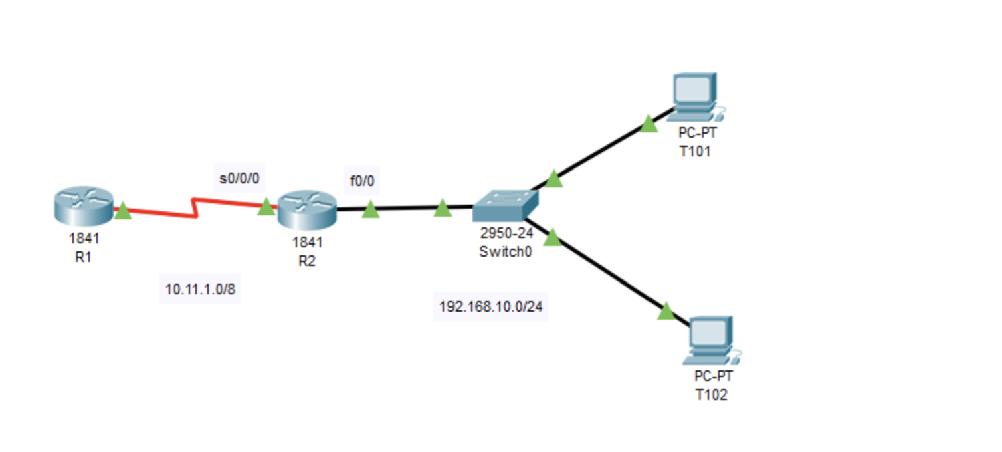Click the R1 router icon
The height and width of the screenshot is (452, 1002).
click(x=83, y=205)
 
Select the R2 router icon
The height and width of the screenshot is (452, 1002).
click(x=307, y=209)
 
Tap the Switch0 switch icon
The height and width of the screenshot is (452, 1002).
click(x=505, y=206)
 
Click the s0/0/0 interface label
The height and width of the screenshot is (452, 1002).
click(x=239, y=179)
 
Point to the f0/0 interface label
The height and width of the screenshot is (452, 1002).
click(x=361, y=180)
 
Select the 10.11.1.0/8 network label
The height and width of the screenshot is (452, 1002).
click(x=200, y=289)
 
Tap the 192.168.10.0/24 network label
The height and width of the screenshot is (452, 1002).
click(x=491, y=307)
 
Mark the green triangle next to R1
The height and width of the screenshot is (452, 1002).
click(x=123, y=211)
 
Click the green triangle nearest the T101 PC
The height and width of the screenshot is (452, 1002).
click(x=648, y=124)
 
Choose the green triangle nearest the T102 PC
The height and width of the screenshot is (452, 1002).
click(x=665, y=311)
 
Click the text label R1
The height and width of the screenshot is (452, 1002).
click(x=83, y=257)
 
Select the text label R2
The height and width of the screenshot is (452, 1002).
click(x=307, y=261)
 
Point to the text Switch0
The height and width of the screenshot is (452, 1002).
click(x=505, y=252)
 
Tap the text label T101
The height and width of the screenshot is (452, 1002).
click(x=695, y=152)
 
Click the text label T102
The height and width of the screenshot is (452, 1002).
click(x=712, y=394)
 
